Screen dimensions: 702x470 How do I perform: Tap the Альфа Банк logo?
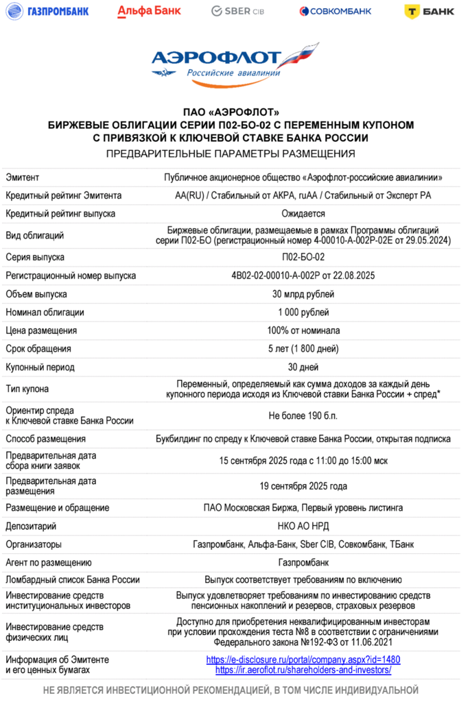pyautogui.click(x=149, y=10)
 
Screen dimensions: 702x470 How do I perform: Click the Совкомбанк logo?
pyautogui.click(x=336, y=10)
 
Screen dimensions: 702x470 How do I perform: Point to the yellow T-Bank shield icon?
pyautogui.click(x=411, y=10)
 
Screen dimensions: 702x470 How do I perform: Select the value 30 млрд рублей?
pyautogui.click(x=303, y=294)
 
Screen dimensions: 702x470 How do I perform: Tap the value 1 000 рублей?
pyautogui.click(x=303, y=312)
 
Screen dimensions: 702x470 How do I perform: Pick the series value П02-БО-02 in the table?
pyautogui.click(x=303, y=257)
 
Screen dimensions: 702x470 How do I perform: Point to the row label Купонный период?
pyautogui.click(x=40, y=367)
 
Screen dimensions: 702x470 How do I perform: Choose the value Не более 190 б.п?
pyautogui.click(x=303, y=415)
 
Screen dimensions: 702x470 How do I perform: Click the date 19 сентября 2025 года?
pyautogui.click(x=303, y=486)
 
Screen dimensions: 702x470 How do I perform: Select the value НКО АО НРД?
pyautogui.click(x=303, y=526)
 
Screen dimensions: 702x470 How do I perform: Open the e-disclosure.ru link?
pyautogui.click(x=303, y=659)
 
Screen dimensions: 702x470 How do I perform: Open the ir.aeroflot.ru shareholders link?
pyautogui.click(x=303, y=670)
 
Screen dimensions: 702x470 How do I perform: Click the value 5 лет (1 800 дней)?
pyautogui.click(x=303, y=348)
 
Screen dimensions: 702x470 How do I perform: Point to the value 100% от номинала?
pyautogui.click(x=303, y=330)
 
